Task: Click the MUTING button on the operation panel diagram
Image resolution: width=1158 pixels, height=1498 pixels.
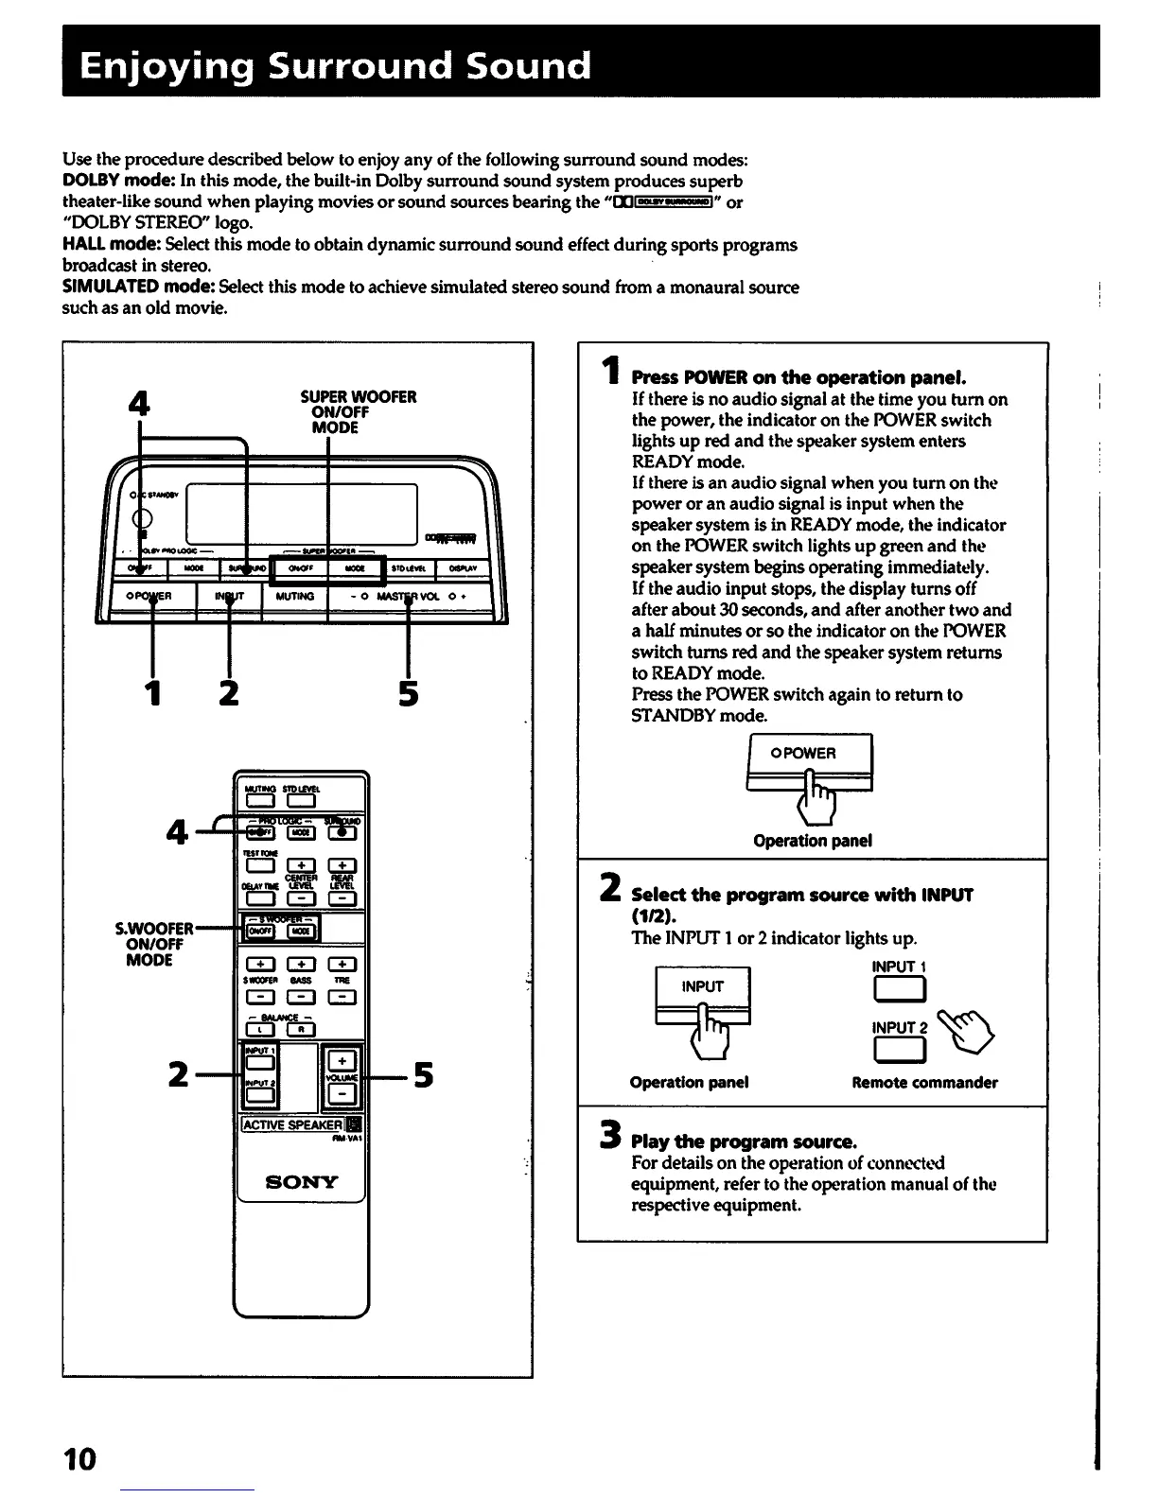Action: coord(294,598)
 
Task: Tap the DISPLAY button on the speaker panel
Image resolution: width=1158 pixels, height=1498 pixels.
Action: coord(463,568)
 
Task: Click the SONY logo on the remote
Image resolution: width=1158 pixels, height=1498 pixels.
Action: coord(302,1181)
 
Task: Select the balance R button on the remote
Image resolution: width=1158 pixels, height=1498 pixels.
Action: coord(300,1031)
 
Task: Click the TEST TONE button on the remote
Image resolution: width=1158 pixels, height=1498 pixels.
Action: coord(258,865)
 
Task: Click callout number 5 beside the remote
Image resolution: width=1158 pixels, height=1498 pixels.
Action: coord(423,1075)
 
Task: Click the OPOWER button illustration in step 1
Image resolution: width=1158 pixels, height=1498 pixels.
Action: coord(809,754)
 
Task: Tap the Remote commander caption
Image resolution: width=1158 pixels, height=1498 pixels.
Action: coord(924,1083)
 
